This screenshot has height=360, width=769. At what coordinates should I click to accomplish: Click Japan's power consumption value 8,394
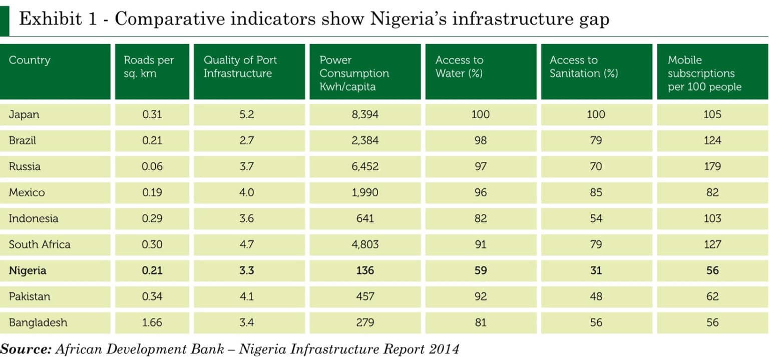point(365,114)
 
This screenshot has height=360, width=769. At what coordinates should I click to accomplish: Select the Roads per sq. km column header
point(149,67)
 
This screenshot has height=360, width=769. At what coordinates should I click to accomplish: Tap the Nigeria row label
point(28,270)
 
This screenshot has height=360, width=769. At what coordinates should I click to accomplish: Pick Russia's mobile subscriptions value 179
point(712,166)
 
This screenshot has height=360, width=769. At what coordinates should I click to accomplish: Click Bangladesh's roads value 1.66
point(152,322)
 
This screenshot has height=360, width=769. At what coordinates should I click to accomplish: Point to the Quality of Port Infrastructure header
point(240,67)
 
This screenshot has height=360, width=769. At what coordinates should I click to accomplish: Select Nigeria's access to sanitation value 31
point(596,270)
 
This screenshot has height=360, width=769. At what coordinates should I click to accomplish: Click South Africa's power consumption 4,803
point(365,244)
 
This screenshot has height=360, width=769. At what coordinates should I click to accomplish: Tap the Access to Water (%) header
point(459,67)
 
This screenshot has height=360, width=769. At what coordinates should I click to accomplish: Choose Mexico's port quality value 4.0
point(247,192)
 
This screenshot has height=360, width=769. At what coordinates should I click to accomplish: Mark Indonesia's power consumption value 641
point(365,218)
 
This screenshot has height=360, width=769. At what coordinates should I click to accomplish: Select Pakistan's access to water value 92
point(480,296)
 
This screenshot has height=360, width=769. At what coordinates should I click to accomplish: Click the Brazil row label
point(23,140)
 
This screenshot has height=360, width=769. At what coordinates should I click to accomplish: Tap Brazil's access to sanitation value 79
point(596,140)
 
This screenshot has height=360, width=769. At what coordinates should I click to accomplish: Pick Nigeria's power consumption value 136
point(365,270)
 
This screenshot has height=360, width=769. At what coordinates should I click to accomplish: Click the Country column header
point(30,60)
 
